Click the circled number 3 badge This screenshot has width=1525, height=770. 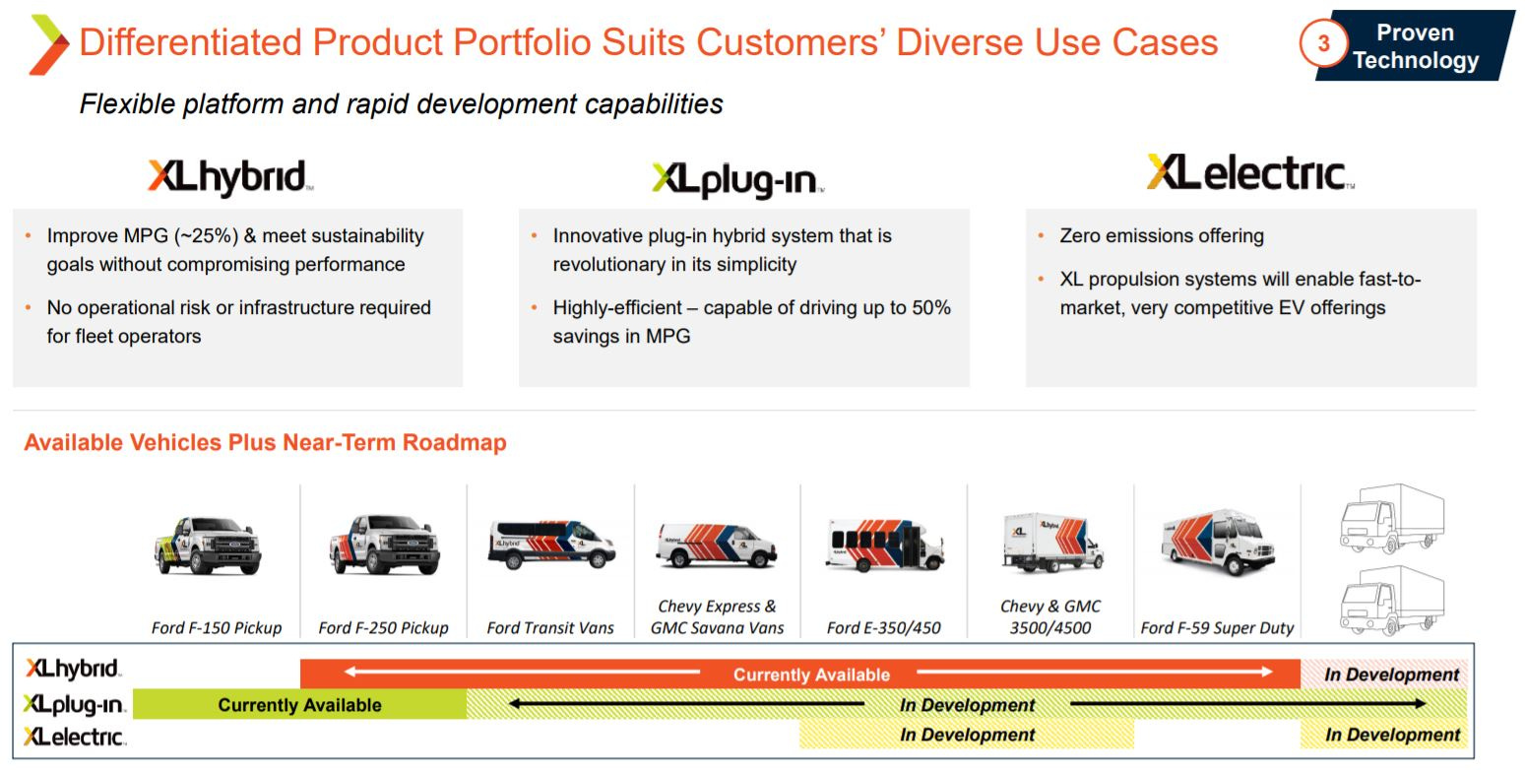tap(1323, 44)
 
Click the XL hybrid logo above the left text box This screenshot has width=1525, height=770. tap(229, 177)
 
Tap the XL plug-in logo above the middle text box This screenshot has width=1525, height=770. tap(736, 180)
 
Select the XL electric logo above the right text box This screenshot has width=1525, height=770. tap(1249, 173)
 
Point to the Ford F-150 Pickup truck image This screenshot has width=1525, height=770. tap(210, 545)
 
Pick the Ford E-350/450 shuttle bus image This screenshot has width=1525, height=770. tap(884, 545)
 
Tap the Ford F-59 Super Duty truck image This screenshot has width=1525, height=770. tap(1218, 545)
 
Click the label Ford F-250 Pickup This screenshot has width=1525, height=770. tap(383, 627)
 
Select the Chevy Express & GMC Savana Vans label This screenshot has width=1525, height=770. tap(717, 617)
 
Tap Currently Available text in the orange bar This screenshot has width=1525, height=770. tap(811, 674)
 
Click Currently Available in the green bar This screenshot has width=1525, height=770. tap(299, 705)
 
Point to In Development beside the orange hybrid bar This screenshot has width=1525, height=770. tap(1390, 674)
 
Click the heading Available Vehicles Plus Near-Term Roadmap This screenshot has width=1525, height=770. tap(265, 443)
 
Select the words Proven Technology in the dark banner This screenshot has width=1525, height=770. tap(1415, 46)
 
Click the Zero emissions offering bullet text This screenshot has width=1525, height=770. tap(1161, 236)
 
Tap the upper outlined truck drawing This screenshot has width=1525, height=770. tap(1391, 518)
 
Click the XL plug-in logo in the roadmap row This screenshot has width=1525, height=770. tap(74, 705)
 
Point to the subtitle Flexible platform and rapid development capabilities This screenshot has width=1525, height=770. tap(401, 103)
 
